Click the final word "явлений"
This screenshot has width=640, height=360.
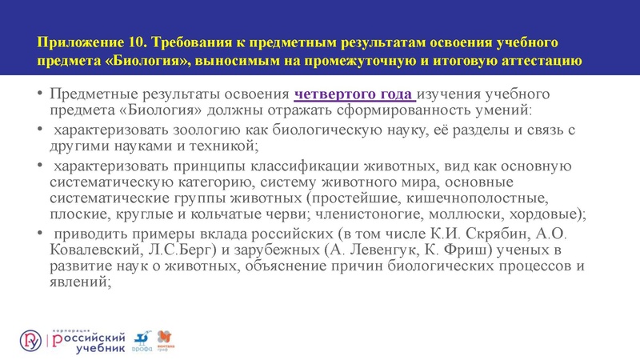click(82, 284)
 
